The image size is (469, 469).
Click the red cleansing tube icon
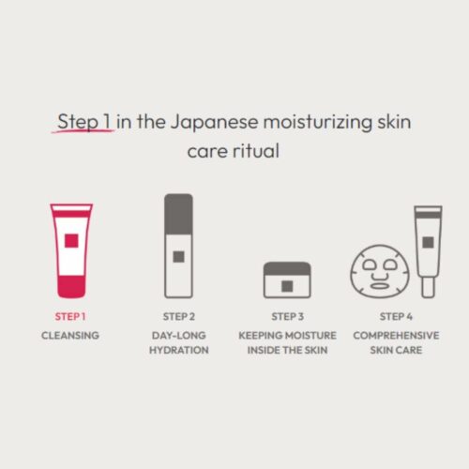71,250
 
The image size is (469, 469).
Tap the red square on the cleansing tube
71,241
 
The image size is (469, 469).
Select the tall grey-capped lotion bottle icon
178,246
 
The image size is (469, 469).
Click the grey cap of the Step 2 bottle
178,214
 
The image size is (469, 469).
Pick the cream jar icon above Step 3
287,280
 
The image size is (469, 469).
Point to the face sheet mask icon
380,271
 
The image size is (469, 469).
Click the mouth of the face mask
379,286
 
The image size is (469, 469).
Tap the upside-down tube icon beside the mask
428,251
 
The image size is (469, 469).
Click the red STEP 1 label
70,317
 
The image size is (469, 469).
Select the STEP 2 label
179,317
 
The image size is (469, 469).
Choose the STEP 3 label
287,317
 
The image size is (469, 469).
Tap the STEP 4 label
396,317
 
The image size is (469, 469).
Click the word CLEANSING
70,336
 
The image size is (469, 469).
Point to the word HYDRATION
179,350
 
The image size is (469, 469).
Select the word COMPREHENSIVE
396,336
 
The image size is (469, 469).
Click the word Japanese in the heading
215,122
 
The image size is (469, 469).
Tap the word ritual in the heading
255,151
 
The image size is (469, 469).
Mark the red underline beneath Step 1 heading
83,131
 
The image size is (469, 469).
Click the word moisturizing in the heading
318,122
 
